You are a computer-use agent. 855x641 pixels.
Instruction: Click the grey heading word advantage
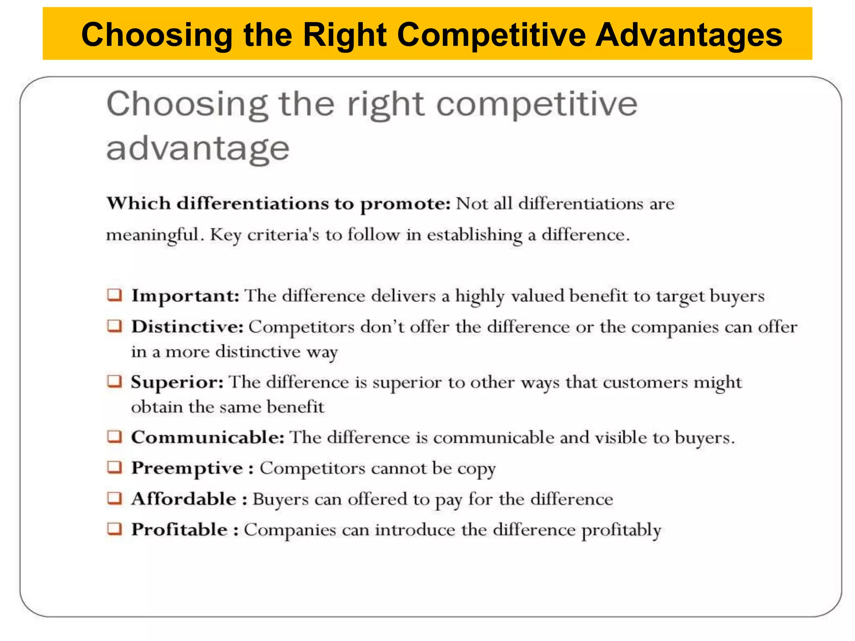[x=198, y=149]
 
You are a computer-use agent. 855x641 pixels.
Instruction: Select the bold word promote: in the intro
[x=405, y=204]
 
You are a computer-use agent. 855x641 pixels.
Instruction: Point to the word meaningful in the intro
[x=152, y=235]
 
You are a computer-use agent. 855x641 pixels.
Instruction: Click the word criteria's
[x=283, y=235]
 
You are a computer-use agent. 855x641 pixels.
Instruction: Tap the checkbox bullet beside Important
[x=114, y=295]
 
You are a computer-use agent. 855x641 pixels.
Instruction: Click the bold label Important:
[x=185, y=296]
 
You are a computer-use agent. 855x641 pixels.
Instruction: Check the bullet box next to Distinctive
[x=114, y=326]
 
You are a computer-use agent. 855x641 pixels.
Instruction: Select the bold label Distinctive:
[x=187, y=327]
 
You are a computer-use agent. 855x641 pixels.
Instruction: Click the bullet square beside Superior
[x=114, y=381]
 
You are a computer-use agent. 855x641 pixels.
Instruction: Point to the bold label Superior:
[x=177, y=382]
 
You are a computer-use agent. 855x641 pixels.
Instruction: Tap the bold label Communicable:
[x=208, y=437]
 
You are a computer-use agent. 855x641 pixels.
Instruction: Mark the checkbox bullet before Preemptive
[x=114, y=467]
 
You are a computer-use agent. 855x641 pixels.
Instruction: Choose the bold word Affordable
[x=184, y=499]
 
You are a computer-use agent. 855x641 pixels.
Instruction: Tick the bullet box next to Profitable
[x=114, y=529]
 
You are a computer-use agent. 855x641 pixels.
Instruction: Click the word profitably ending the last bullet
[x=621, y=530]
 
